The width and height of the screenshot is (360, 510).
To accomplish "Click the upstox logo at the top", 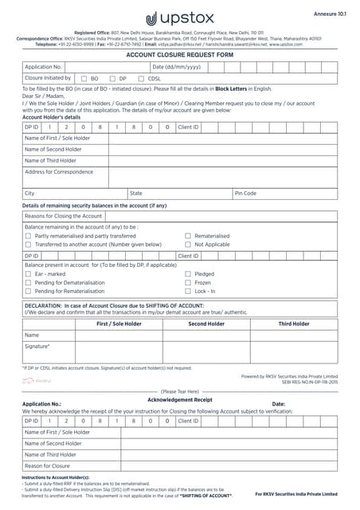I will click(x=179, y=18).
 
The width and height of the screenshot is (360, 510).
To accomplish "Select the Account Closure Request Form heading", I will click(x=179, y=55).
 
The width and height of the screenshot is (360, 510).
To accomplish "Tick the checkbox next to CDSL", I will click(x=141, y=79).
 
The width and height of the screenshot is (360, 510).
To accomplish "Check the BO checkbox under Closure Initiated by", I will click(x=84, y=79).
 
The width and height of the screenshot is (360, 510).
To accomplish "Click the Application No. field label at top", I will click(x=44, y=67).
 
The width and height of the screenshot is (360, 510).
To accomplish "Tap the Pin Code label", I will click(x=245, y=193).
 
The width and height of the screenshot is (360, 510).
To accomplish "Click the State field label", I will click(x=136, y=193).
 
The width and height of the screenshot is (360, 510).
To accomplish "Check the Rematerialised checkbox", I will click(x=188, y=236).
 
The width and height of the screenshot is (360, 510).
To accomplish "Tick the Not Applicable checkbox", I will click(x=188, y=245).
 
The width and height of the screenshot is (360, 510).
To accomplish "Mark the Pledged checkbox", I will click(x=188, y=273).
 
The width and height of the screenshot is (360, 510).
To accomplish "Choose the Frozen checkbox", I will click(x=188, y=282).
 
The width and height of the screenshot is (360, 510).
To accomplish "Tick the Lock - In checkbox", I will click(x=188, y=291).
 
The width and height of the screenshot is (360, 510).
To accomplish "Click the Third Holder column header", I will click(x=294, y=324).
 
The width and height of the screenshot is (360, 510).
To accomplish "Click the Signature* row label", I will click(x=37, y=347).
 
